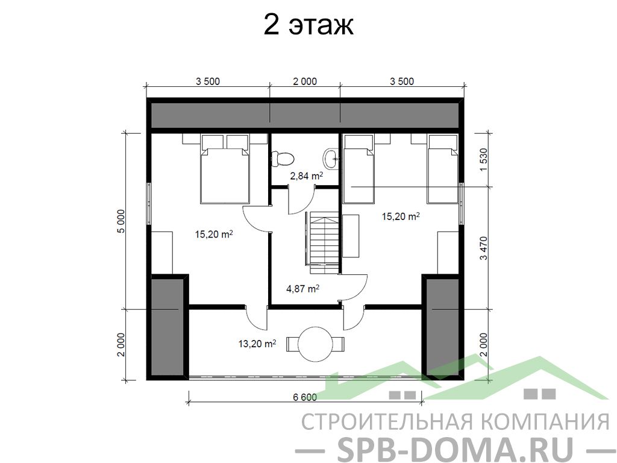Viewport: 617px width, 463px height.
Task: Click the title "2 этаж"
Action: coord(308,25)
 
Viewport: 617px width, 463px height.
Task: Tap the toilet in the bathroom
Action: coord(283,159)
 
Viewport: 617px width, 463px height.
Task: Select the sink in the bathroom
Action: coord(331,159)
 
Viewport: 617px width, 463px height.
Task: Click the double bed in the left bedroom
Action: coord(225,169)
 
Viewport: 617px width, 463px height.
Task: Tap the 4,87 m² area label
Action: coord(302,289)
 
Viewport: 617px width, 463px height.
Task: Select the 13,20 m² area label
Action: coord(257,344)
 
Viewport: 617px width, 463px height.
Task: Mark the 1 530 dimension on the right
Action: coord(484,159)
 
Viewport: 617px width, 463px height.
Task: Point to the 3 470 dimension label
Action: coord(484,248)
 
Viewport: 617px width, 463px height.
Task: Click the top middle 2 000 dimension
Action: coord(304,81)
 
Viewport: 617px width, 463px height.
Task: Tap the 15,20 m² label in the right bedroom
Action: coord(401,216)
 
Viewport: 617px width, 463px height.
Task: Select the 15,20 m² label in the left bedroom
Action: coord(214,235)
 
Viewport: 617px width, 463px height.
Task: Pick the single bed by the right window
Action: coord(443,169)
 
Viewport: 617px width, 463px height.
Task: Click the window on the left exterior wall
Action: coord(149,204)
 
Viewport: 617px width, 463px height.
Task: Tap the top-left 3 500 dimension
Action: coord(207,81)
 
